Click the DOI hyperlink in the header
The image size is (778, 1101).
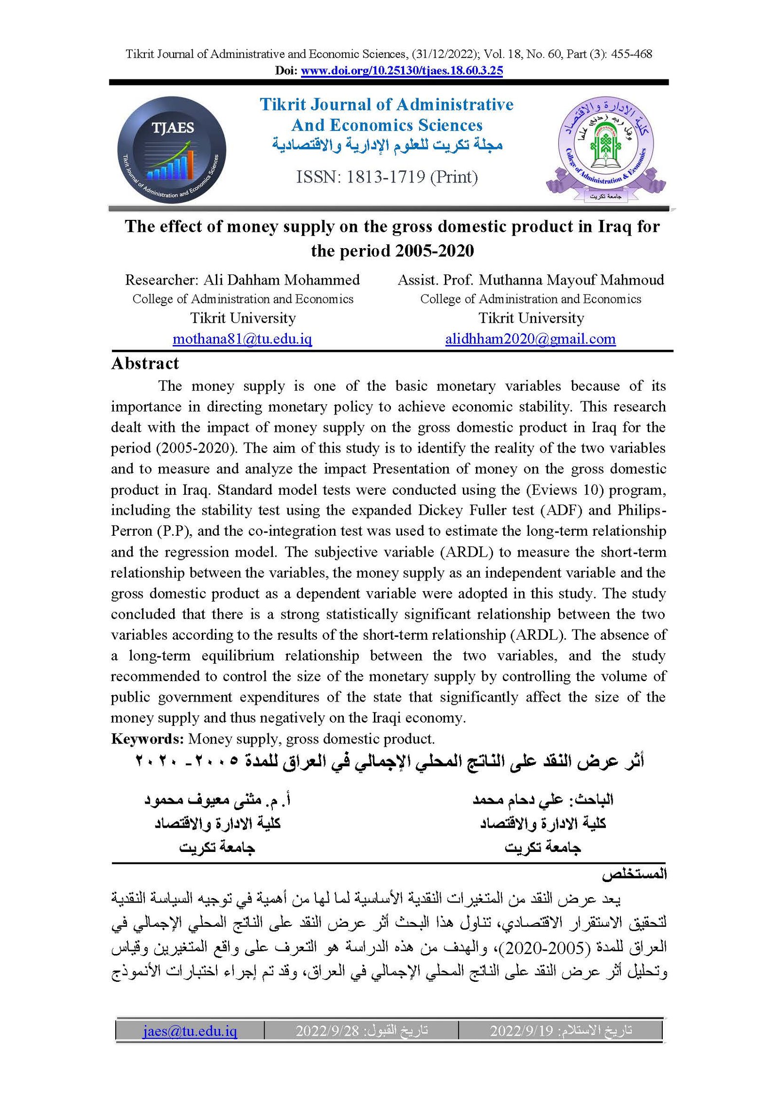click(x=402, y=71)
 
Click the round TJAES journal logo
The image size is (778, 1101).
click(x=171, y=150)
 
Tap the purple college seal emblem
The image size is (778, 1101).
click(x=605, y=148)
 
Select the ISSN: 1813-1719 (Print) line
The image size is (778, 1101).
click(x=387, y=177)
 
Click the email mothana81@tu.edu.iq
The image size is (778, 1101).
click(x=242, y=339)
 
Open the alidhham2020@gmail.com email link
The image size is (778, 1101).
click(x=530, y=339)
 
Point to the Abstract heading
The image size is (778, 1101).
click(x=145, y=363)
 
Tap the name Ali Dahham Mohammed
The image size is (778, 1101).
click(x=281, y=280)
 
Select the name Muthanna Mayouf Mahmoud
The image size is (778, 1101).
click(x=571, y=280)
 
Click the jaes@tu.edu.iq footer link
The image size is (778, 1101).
click(x=190, y=1030)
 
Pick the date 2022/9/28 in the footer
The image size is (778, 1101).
click(x=327, y=1030)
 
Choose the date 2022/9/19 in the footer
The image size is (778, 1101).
click(x=521, y=1030)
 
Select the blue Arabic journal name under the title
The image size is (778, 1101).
click(x=387, y=145)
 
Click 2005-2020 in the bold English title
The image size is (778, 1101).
click(x=434, y=251)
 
